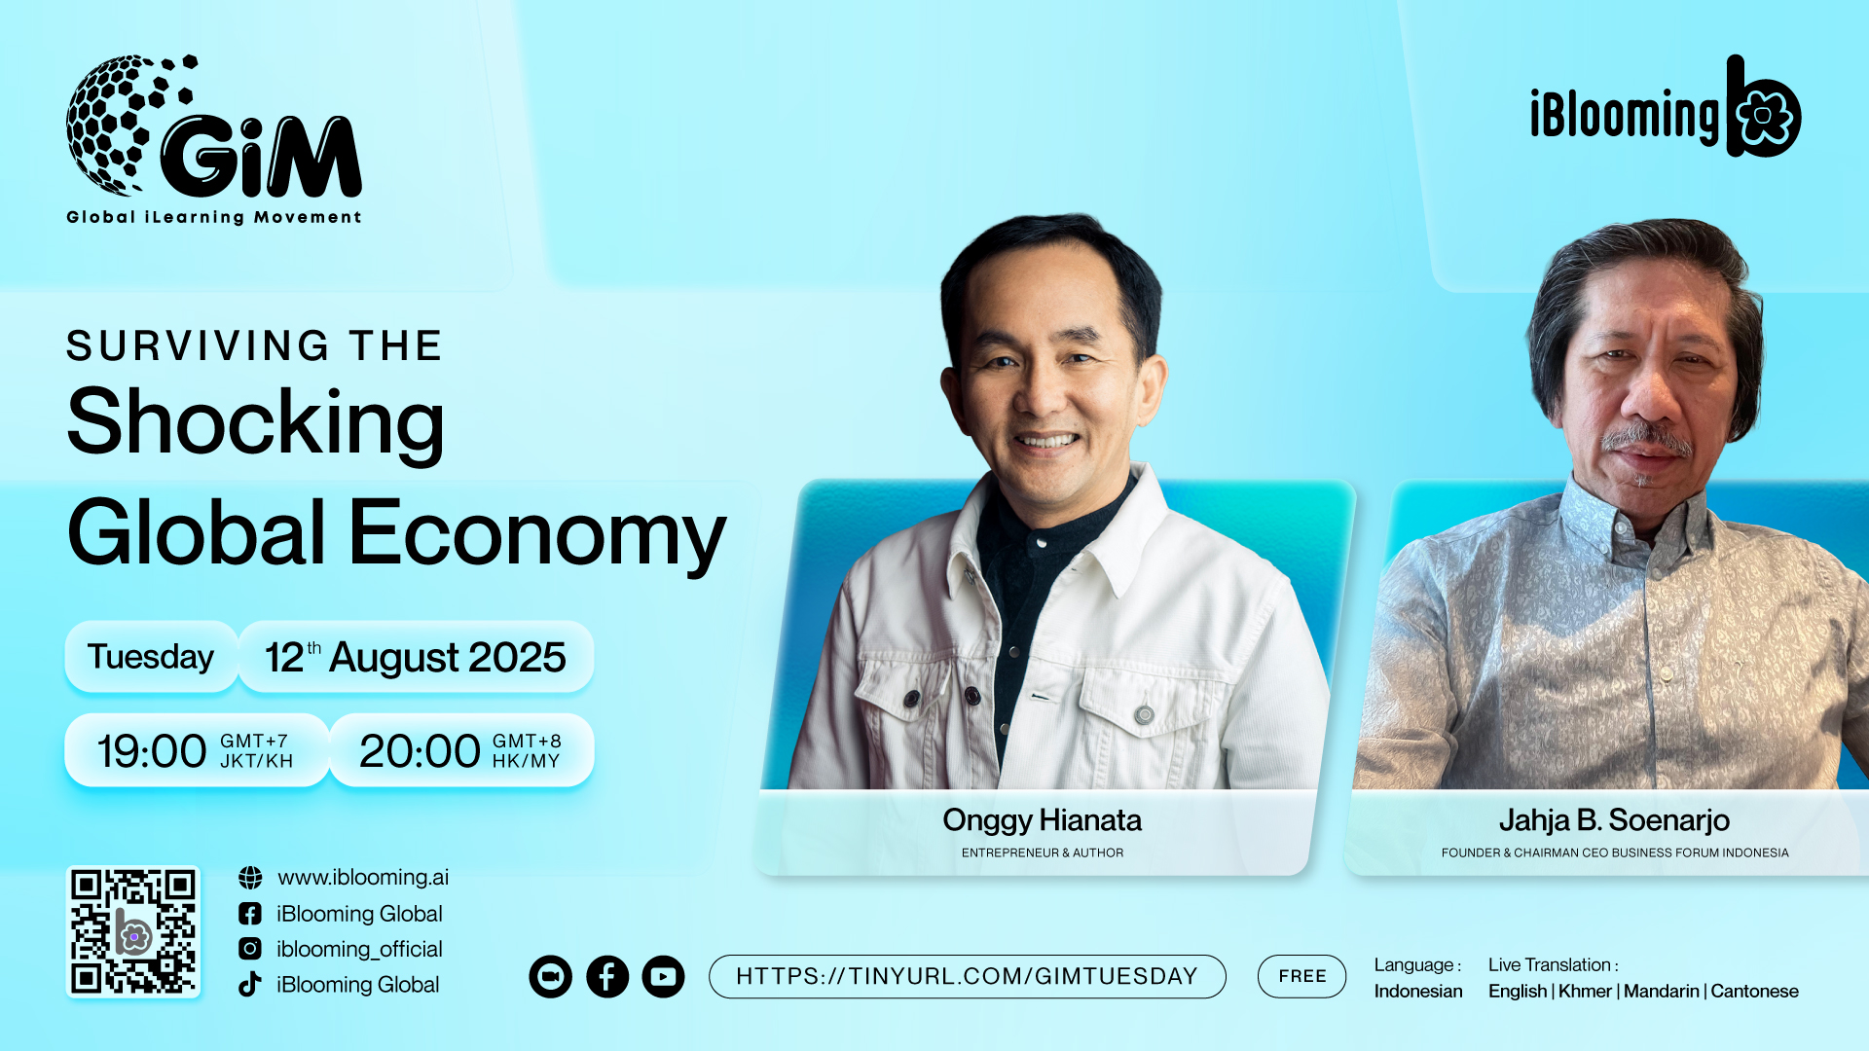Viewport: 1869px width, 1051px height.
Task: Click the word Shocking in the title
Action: pyautogui.click(x=255, y=424)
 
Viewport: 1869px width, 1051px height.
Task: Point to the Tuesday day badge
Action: pyautogui.click(x=151, y=657)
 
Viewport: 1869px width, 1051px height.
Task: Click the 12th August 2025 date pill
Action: pyautogui.click(x=416, y=657)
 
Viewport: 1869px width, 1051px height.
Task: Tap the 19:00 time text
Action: pyautogui.click(x=152, y=751)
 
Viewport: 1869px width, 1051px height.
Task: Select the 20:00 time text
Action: pyautogui.click(x=420, y=751)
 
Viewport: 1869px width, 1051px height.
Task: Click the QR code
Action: pyautogui.click(x=133, y=931)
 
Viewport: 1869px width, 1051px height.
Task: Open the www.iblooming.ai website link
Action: pyautogui.click(x=363, y=878)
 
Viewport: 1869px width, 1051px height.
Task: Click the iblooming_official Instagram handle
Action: pyautogui.click(x=359, y=949)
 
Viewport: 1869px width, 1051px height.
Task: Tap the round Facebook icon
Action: pyautogui.click(x=607, y=976)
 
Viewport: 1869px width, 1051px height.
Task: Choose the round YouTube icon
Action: pyautogui.click(x=664, y=976)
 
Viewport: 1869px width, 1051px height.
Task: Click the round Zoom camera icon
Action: pyautogui.click(x=551, y=976)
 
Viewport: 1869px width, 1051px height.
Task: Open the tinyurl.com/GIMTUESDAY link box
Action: pyautogui.click(x=968, y=976)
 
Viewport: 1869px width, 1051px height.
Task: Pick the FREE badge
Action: pyautogui.click(x=1302, y=976)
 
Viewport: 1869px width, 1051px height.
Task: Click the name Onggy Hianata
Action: pyautogui.click(x=1043, y=820)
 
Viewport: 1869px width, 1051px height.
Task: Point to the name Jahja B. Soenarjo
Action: pyautogui.click(x=1615, y=820)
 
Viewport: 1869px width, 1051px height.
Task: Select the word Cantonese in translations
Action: pyautogui.click(x=1755, y=991)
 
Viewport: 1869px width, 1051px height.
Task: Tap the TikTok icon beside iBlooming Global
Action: pyautogui.click(x=250, y=984)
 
